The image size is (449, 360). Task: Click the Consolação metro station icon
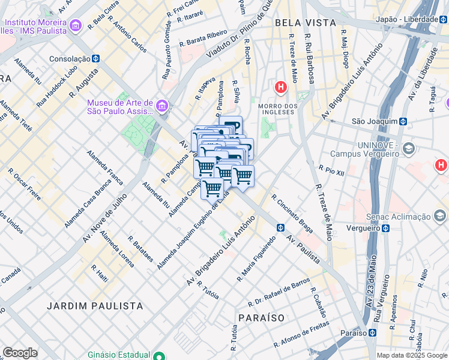(95, 59)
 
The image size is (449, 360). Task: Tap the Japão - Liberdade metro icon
(442, 19)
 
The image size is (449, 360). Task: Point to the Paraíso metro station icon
(373, 332)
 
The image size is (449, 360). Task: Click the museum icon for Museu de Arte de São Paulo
(161, 107)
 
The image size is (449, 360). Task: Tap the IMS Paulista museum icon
(75, 25)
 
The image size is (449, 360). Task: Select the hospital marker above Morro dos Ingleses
(280, 88)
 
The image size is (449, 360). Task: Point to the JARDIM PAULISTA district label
(95, 306)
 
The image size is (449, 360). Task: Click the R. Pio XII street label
(331, 170)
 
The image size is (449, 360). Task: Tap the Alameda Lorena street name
(118, 249)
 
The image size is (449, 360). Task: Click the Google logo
(20, 353)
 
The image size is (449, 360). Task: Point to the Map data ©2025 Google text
(411, 355)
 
